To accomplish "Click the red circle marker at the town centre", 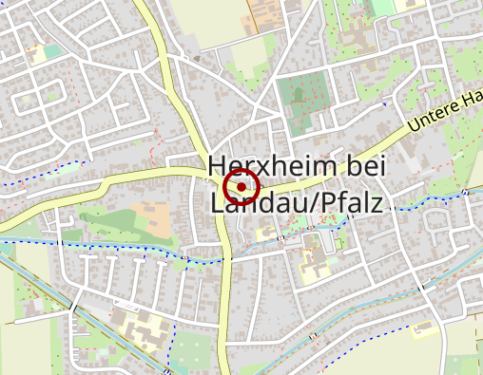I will [x=241, y=187].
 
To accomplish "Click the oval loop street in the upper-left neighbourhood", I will [x=52, y=90].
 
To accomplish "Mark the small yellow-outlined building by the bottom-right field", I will [x=425, y=330].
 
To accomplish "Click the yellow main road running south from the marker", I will [x=225, y=304].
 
